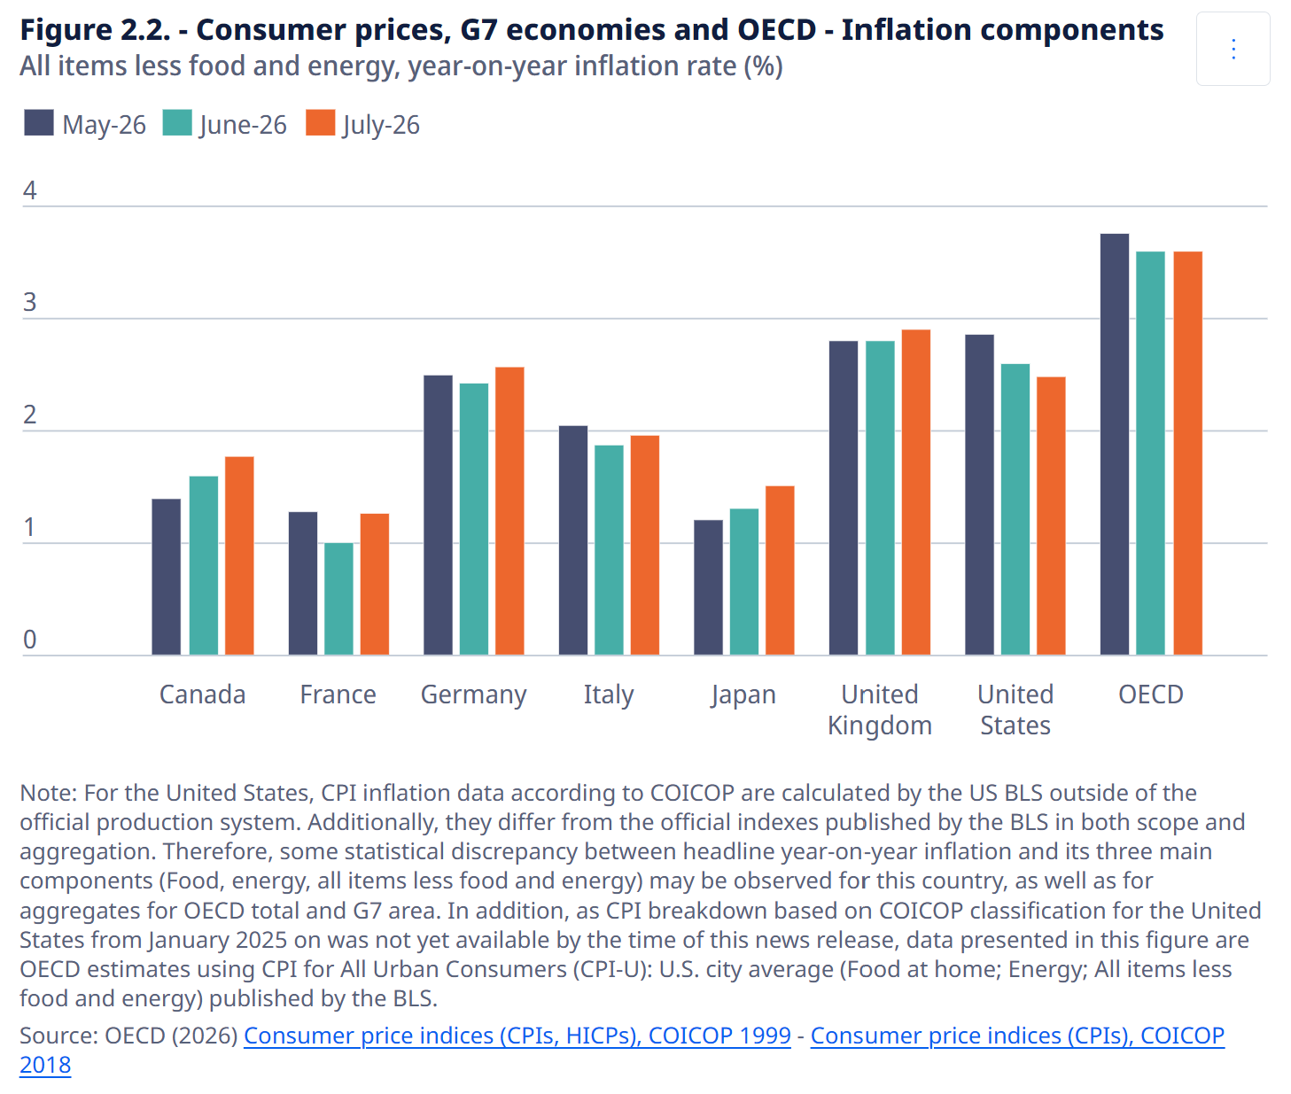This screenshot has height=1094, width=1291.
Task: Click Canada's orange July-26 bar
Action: (239, 555)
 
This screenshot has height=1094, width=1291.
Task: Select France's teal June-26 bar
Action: (338, 599)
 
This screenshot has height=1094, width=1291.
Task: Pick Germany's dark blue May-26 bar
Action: (438, 516)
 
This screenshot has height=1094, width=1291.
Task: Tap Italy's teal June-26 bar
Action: (609, 550)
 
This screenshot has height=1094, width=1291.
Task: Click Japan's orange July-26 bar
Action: (780, 570)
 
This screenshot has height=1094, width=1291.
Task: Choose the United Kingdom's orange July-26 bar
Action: (916, 492)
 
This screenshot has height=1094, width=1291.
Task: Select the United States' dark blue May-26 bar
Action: (979, 494)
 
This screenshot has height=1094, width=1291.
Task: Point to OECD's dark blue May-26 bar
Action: (1115, 444)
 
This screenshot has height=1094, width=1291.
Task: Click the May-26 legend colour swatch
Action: (39, 122)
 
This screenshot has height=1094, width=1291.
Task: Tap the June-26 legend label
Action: (243, 125)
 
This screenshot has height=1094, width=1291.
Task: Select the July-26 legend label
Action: (381, 125)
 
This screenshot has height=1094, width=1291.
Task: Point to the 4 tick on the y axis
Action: (29, 190)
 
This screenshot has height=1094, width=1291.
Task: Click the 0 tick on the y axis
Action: (29, 640)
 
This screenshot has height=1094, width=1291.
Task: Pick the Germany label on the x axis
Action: (473, 695)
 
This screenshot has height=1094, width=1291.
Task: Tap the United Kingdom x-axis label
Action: (880, 710)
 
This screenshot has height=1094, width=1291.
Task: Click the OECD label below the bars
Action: (1151, 694)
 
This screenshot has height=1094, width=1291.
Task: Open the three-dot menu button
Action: (1233, 49)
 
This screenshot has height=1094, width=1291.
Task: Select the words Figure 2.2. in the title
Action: (95, 30)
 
